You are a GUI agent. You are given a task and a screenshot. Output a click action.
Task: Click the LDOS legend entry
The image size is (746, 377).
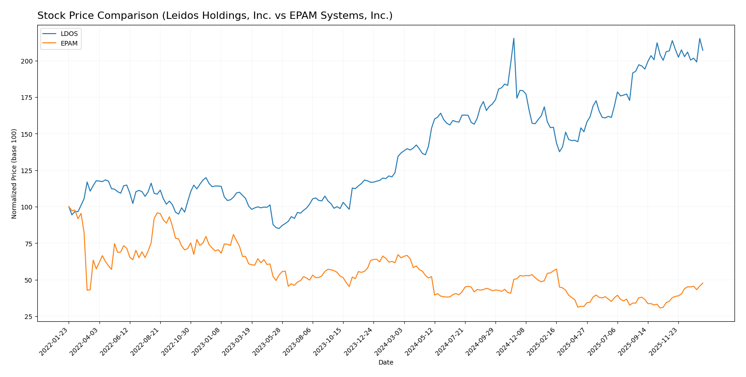coord(69,34)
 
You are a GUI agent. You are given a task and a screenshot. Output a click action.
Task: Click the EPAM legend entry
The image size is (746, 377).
coord(69,44)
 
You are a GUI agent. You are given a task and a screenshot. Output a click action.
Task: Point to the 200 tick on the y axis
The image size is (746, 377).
coord(29,61)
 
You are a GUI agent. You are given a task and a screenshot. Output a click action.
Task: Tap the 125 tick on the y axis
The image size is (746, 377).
coord(29,171)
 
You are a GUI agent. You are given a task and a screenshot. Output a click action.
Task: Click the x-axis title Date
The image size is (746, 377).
coord(385,363)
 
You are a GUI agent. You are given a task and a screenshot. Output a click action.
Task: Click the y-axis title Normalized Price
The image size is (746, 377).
coord(14,174)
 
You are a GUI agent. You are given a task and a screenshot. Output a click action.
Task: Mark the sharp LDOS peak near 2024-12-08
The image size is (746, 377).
coord(513,38)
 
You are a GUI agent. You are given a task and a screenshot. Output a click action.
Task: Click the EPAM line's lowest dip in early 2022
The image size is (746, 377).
coord(87,290)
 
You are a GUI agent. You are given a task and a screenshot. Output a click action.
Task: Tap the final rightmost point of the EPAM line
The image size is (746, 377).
coord(703,283)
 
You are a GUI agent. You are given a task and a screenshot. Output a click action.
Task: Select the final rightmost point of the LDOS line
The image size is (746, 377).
coord(703,50)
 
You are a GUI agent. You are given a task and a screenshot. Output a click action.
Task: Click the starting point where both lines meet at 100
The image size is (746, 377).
coord(69,207)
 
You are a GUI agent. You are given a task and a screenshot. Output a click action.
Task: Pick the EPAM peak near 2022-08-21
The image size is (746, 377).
coord(157,213)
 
